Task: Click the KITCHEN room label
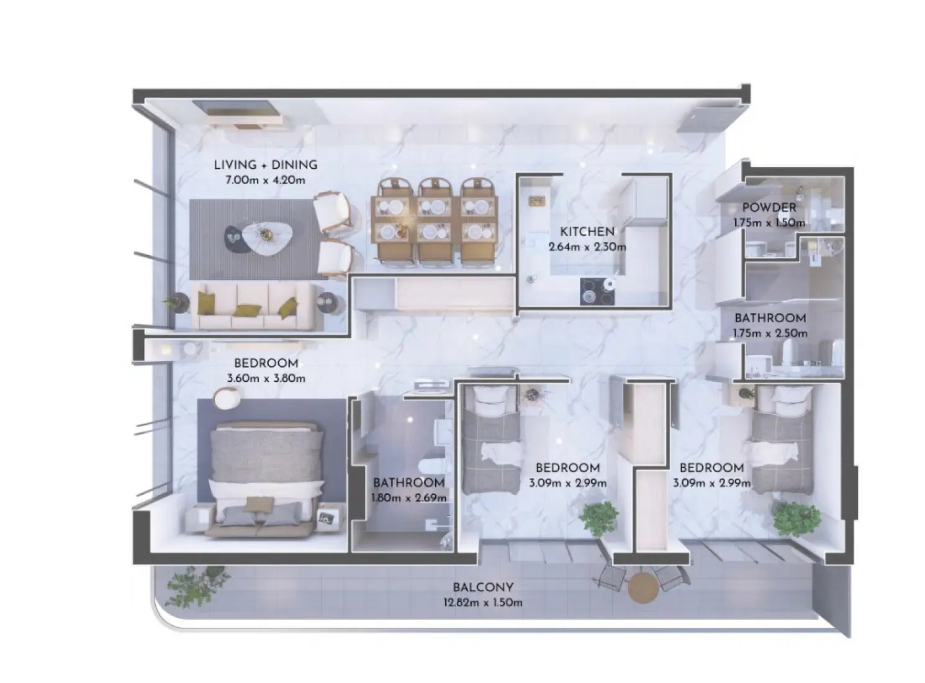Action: click(x=587, y=232)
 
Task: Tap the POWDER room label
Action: click(x=769, y=207)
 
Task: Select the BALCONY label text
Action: click(x=482, y=587)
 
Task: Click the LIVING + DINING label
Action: click(x=265, y=165)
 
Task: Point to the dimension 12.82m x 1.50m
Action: click(x=482, y=602)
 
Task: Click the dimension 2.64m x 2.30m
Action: click(x=587, y=247)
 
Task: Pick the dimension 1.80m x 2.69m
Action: click(x=408, y=497)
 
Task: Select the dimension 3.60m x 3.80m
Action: click(x=266, y=378)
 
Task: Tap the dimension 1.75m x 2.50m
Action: click(x=770, y=333)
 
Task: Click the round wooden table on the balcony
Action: click(x=643, y=587)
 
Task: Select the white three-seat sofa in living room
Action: click(x=256, y=306)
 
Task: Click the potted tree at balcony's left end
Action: click(x=192, y=586)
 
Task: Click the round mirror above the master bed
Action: click(x=226, y=398)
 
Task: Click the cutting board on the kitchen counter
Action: click(x=537, y=200)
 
